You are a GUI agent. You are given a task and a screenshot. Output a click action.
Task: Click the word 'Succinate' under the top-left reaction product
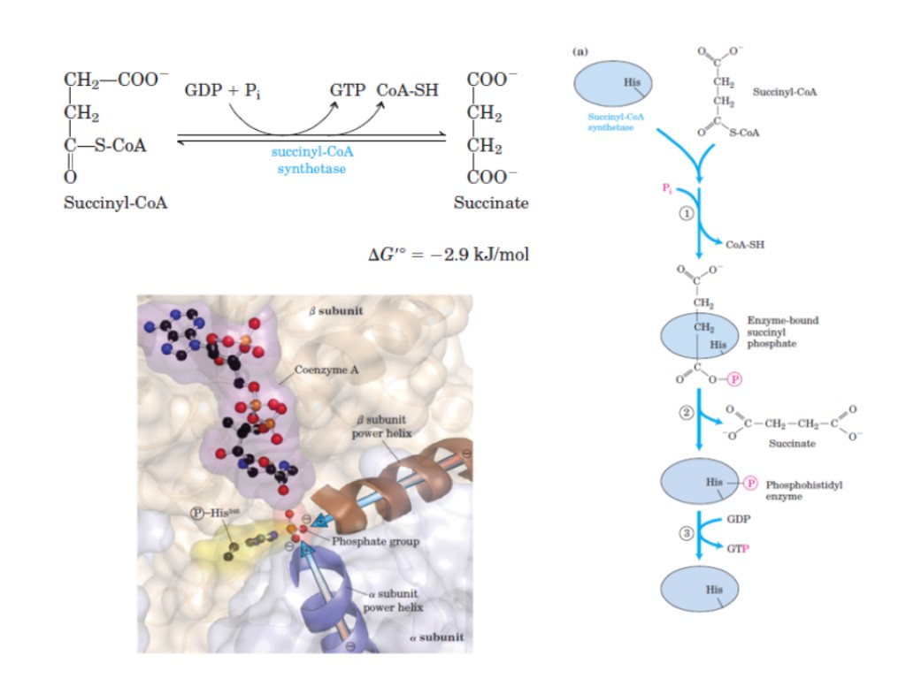(x=491, y=202)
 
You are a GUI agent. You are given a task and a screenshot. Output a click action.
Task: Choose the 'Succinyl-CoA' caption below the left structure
(x=116, y=202)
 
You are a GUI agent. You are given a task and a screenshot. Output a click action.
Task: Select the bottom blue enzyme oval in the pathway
(x=700, y=590)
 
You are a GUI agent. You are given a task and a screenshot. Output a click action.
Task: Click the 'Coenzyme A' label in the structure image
(x=328, y=370)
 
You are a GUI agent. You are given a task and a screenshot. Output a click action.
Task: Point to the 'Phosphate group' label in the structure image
(x=370, y=541)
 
